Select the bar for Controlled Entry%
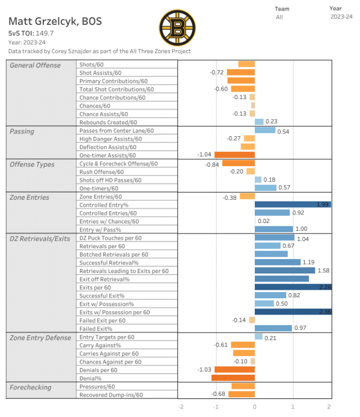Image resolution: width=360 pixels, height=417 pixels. (292, 205)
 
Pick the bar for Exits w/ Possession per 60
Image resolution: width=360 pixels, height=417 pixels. (292, 312)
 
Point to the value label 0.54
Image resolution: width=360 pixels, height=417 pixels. (283, 131)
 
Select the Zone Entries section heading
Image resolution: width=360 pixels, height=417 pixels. (29, 197)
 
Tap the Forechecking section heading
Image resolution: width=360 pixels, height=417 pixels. (30, 387)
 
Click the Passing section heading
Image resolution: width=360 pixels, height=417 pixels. (22, 131)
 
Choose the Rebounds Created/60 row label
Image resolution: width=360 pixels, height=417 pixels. (108, 122)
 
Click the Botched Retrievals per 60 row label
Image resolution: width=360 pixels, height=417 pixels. (114, 254)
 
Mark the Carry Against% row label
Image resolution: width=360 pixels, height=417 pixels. (100, 345)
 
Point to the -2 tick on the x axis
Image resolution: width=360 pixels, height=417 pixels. (181, 406)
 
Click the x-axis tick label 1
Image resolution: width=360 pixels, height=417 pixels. (292, 406)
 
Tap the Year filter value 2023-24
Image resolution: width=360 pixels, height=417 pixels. (341, 17)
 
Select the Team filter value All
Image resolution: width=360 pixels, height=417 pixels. (279, 17)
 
